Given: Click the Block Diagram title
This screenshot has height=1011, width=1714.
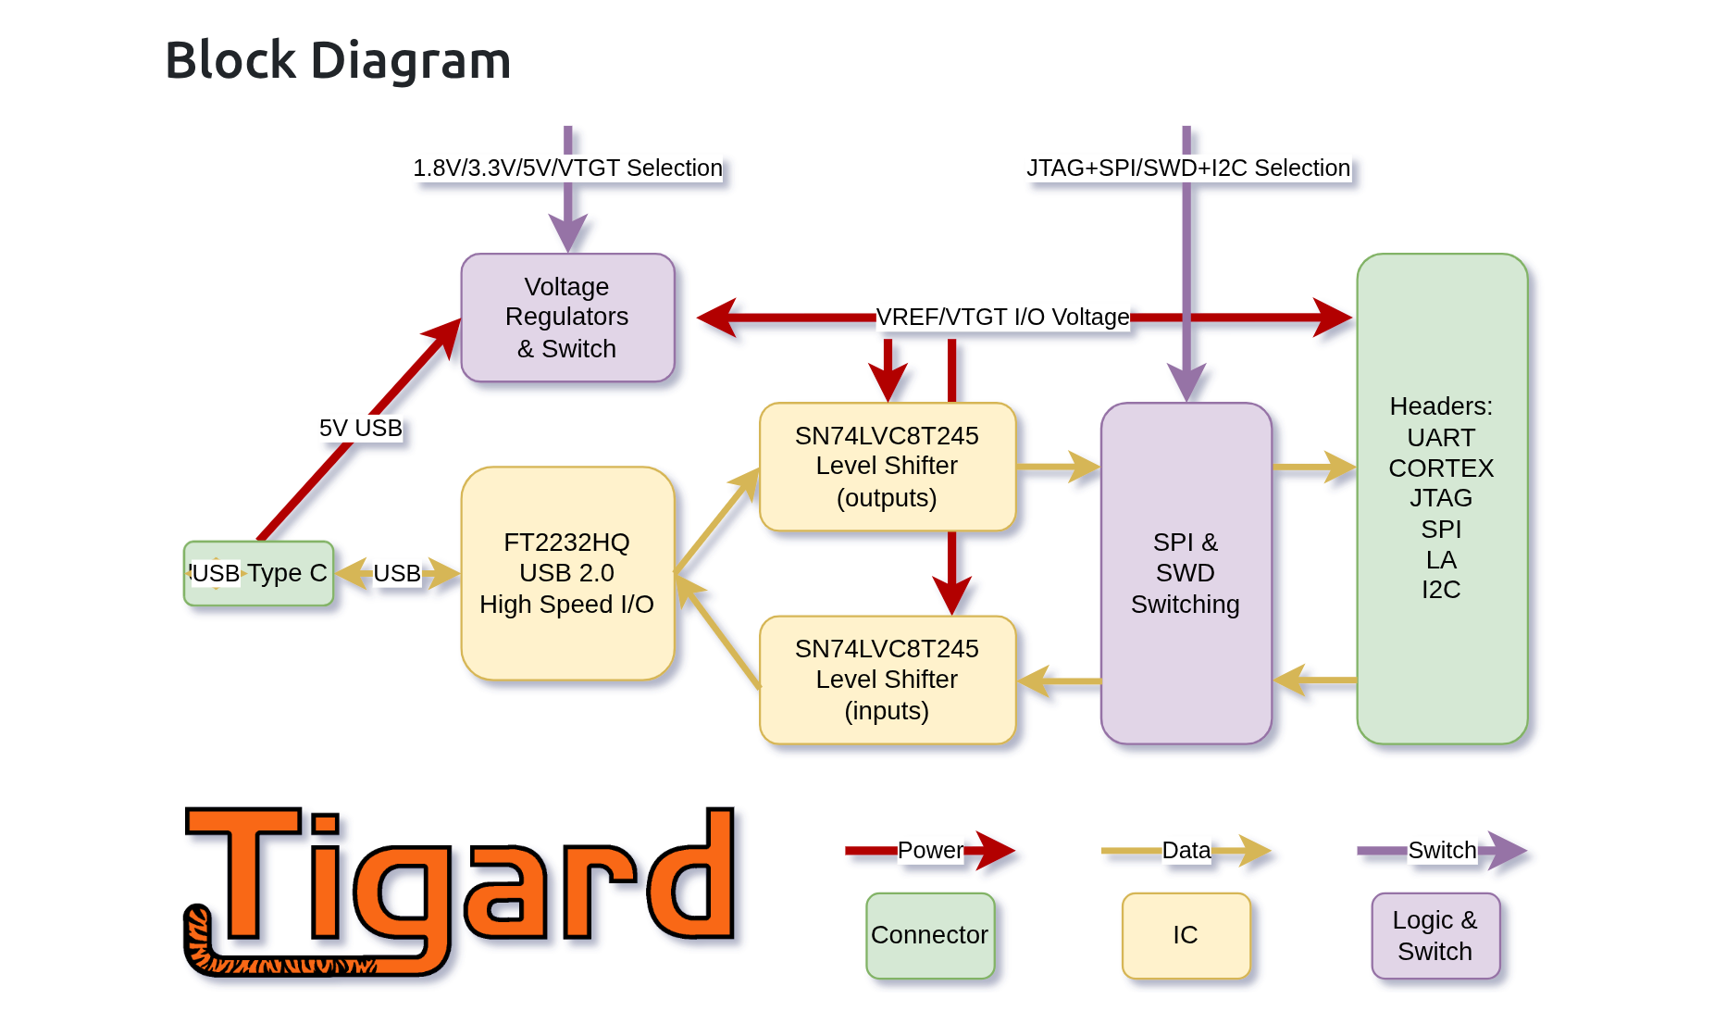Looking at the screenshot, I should point(338,60).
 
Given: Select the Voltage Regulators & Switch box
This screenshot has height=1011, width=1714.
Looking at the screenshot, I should point(567,318).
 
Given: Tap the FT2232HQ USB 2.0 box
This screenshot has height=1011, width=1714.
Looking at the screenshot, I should point(567,573).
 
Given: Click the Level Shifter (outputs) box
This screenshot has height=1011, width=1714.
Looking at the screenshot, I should point(887,467).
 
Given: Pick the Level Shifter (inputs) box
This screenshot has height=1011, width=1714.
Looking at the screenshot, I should point(887,680).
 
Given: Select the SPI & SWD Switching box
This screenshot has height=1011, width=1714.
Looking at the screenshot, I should point(1186,573).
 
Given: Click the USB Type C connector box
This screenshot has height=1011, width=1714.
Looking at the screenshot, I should point(259,573).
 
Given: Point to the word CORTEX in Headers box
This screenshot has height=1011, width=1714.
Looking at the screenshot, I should point(1441,468).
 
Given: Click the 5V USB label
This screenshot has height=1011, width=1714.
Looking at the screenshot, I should point(361,428).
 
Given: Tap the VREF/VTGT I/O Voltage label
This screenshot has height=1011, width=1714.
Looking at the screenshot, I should point(1002,318).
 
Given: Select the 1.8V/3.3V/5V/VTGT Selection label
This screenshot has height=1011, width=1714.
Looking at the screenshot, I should point(567,168).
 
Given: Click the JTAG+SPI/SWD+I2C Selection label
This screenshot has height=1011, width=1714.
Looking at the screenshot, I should point(1188,168).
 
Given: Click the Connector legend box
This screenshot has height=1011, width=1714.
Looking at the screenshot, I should point(930,935).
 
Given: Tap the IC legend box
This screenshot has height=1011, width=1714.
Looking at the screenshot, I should point(1186,935).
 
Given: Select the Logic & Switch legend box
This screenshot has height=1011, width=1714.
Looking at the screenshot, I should point(1435,935).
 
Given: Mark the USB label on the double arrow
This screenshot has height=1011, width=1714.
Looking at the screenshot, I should point(397,573).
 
